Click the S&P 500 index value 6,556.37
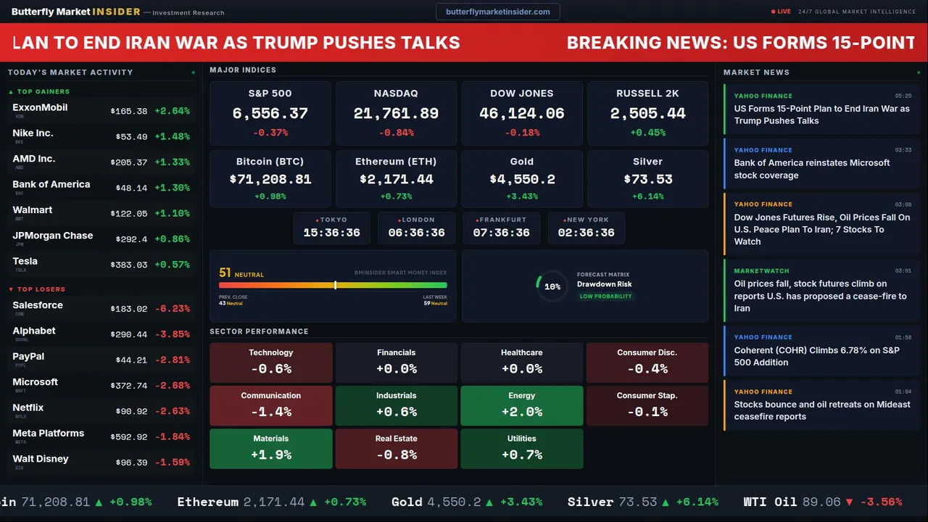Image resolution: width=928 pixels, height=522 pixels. pos(270,114)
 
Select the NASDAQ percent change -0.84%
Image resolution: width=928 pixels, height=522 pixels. pos(396,133)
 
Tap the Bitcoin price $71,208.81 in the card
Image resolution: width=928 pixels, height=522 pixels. pos(270,179)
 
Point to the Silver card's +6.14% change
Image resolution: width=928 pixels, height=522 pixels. pos(647,196)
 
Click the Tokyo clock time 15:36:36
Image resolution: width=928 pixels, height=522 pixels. pos(331,233)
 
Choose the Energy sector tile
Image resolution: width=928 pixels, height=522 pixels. pos(521,406)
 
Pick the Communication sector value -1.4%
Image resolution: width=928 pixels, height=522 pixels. pos(270,412)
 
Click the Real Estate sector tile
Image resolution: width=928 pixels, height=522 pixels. pos(396,449)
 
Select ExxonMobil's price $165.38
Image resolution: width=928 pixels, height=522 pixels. pos(129,112)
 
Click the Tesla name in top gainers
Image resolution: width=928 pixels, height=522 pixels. pos(25,262)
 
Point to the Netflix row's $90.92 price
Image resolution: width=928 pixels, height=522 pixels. pos(131,412)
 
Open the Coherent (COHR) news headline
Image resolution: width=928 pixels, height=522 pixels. pos(816,356)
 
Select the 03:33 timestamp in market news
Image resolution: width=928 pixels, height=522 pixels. pos(903,150)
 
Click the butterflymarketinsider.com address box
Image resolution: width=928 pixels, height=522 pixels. pos(497,12)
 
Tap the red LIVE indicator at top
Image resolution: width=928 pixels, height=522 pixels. pos(782,12)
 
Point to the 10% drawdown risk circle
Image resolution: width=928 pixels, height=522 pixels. pos(552,286)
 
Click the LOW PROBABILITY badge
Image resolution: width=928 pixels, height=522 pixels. pos(605,297)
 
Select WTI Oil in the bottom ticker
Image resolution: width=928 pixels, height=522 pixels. pos(770,502)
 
